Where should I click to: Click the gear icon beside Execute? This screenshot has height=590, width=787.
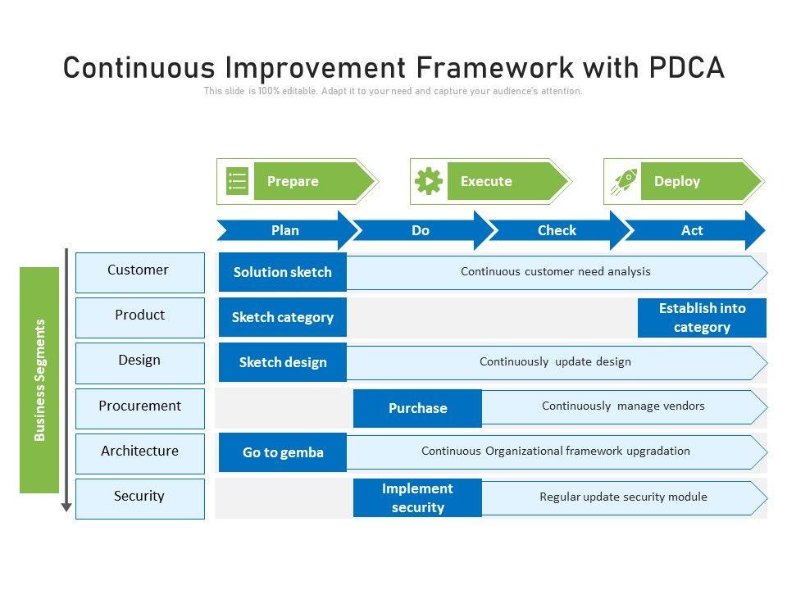click(429, 181)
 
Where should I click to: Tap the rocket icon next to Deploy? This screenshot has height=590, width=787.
click(624, 181)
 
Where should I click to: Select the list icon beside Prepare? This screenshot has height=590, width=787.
click(238, 181)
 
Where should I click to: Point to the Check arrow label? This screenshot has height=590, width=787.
click(557, 230)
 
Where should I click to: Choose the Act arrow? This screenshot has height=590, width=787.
click(695, 230)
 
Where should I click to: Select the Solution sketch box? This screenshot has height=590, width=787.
click(283, 272)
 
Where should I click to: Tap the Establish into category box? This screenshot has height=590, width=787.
click(703, 318)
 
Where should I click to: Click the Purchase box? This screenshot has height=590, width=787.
click(417, 408)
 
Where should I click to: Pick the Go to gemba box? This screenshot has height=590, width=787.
click(283, 452)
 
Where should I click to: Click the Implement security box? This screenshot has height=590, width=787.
click(417, 497)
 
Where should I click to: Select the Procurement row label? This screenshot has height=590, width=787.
click(140, 406)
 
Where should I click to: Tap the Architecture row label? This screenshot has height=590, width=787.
click(140, 451)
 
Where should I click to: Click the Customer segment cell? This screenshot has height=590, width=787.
click(140, 273)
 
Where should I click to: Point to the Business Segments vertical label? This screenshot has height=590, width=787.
click(39, 380)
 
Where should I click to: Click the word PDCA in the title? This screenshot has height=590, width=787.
click(687, 68)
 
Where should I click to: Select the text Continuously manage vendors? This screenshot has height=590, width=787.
click(623, 406)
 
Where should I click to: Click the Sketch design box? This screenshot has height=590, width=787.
click(283, 362)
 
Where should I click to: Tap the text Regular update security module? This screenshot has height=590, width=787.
click(623, 497)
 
